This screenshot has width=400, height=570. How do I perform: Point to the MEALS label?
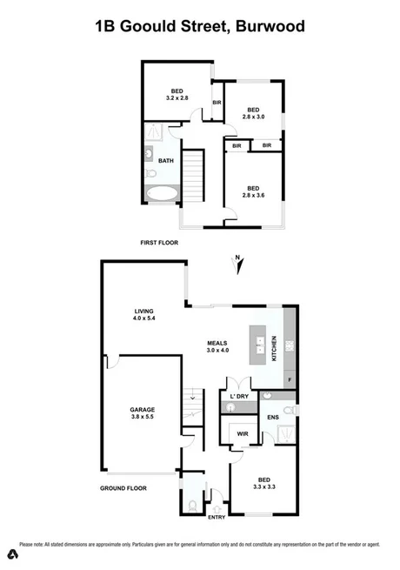pos(217,343)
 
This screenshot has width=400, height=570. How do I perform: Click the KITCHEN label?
pos(276,348)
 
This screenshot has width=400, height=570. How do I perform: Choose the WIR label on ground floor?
pos(243,433)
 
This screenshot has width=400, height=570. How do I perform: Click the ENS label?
pos(274,418)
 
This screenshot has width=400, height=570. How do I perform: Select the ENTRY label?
pos(216,519)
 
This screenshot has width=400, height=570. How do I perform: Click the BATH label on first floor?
pos(164,161)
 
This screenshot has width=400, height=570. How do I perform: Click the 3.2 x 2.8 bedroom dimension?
pos(177,98)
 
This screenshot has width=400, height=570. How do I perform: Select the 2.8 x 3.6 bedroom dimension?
pos(253,195)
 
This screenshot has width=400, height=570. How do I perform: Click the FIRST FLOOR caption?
pos(159,243)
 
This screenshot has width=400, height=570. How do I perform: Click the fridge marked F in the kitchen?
pos(289,379)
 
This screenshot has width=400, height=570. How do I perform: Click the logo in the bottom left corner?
pos(13,554)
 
